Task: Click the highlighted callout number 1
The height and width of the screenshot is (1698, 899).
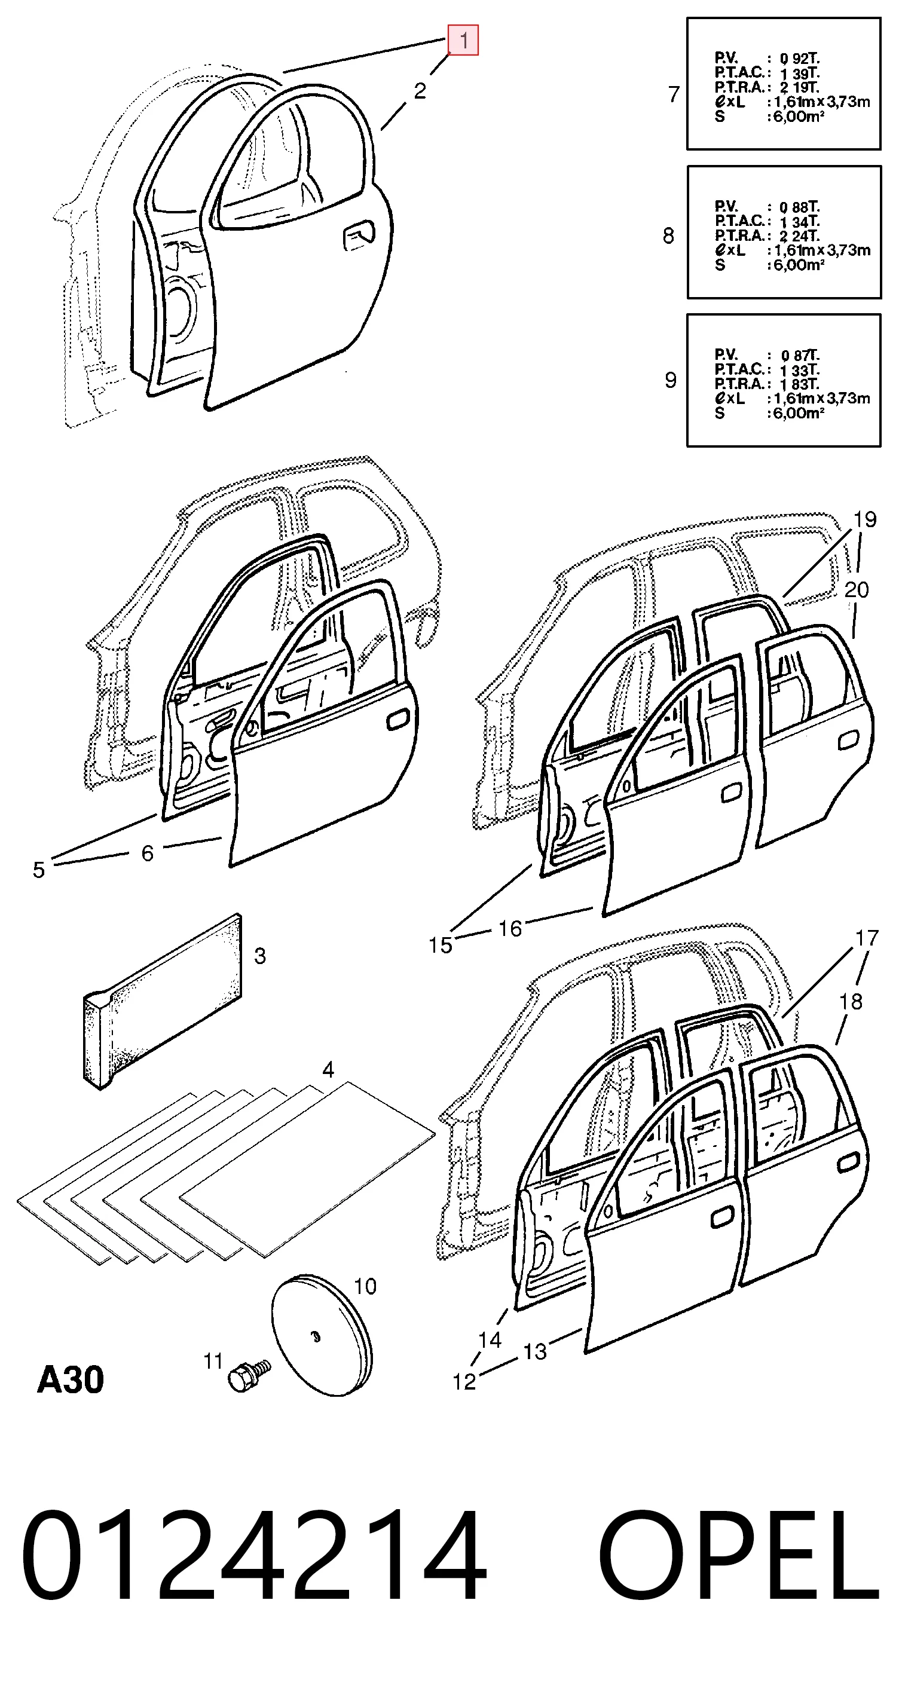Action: [x=463, y=40]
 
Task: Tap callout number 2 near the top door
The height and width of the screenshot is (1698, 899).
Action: [x=420, y=91]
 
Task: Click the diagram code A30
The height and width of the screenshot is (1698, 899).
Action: [x=71, y=1379]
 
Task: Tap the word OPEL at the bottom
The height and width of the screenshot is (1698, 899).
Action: [x=738, y=1556]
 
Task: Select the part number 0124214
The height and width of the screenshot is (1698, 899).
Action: [x=254, y=1556]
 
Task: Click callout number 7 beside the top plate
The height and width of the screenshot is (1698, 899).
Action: [x=674, y=94]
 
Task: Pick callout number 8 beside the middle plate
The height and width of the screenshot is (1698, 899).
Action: [x=668, y=236]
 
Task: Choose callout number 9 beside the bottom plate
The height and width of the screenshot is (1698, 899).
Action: [x=670, y=380]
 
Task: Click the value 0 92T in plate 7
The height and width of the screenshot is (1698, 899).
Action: [x=800, y=59]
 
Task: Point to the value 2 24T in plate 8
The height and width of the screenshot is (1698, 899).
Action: [x=800, y=236]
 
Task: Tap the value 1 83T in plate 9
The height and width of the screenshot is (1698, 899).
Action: [x=800, y=384]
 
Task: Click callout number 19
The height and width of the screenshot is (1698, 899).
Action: [x=866, y=519]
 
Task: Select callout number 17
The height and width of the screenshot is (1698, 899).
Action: [x=867, y=938]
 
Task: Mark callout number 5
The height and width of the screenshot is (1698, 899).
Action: [x=39, y=870]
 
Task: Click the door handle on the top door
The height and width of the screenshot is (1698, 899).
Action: [x=359, y=236]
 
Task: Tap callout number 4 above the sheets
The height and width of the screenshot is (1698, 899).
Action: [x=328, y=1070]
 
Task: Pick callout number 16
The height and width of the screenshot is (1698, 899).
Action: [x=510, y=929]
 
